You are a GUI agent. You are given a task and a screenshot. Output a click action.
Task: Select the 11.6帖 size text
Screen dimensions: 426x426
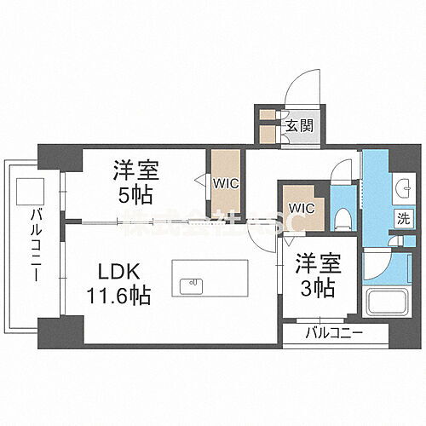click(x=118, y=297)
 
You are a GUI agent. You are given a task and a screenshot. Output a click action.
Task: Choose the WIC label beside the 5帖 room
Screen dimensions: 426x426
click(x=225, y=181)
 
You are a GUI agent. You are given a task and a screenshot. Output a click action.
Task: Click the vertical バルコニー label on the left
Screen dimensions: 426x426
click(x=37, y=247)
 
